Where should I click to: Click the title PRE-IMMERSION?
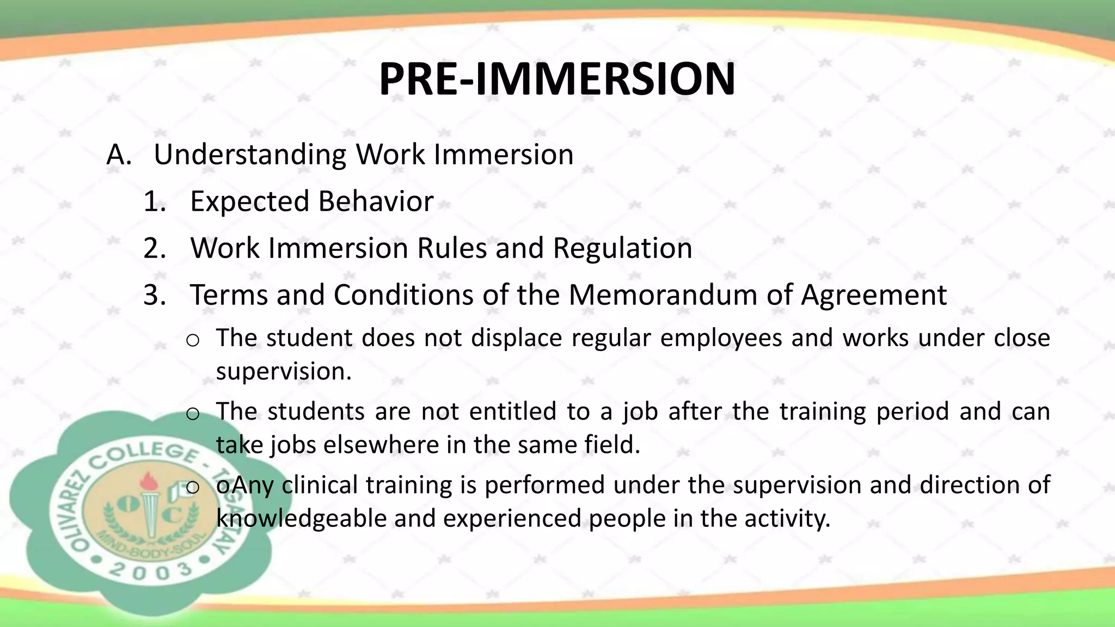(556, 79)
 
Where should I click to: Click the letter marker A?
(119, 155)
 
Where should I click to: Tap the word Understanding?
(250, 155)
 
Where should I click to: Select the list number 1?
(154, 202)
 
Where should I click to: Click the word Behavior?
(376, 202)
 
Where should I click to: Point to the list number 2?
(154, 249)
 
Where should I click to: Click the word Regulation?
(622, 249)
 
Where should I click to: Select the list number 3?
(154, 296)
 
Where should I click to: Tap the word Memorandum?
(663, 296)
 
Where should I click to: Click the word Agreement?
(873, 296)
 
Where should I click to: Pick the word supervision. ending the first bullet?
(284, 372)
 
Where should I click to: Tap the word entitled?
(512, 411)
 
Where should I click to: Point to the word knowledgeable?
(301, 519)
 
